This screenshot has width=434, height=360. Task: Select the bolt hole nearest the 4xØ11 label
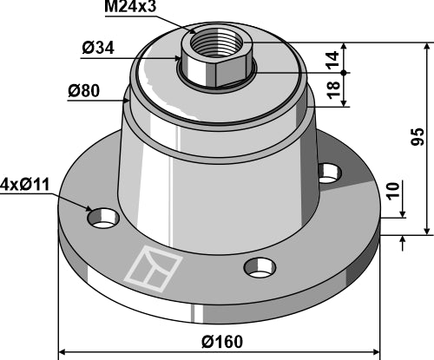105,218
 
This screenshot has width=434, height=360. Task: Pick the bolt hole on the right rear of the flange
327,172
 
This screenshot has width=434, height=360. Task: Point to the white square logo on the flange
154,266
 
